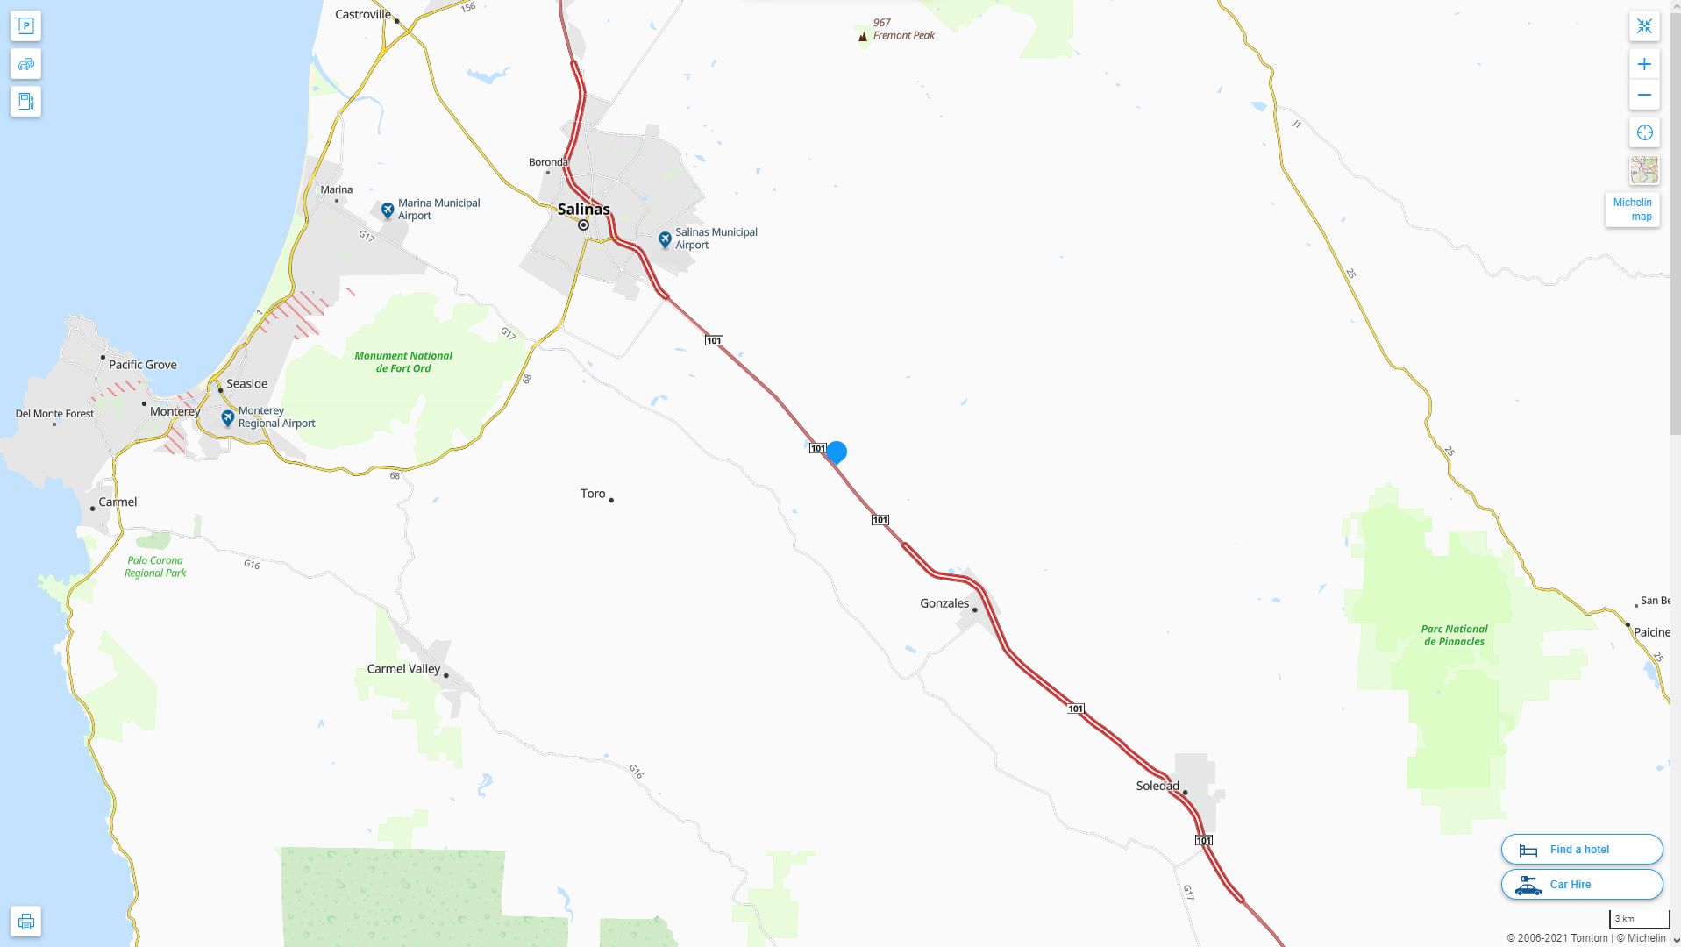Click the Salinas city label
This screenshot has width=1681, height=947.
coord(583,210)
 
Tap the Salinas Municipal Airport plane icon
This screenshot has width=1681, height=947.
coord(666,239)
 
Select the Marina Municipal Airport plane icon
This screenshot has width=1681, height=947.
coord(388,210)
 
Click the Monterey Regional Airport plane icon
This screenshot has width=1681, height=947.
coord(228,418)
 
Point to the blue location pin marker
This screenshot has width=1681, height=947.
coord(837,452)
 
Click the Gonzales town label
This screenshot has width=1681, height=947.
coord(944,603)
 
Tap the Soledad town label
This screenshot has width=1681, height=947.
coord(1157,786)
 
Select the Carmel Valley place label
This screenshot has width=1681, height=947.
coord(403,669)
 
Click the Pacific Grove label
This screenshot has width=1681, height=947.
coord(143,365)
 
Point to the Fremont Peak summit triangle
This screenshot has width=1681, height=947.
coord(863,37)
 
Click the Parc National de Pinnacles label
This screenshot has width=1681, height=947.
coord(1454,635)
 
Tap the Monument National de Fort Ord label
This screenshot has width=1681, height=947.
coord(403,362)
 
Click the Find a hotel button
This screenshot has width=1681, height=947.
coord(1581,850)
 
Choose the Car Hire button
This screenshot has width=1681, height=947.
coord(1581,885)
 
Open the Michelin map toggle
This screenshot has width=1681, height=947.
coord(1632,210)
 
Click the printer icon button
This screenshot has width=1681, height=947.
coord(25,922)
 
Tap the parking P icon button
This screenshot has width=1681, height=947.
coord(25,26)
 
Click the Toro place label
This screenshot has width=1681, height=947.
coord(593,494)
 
